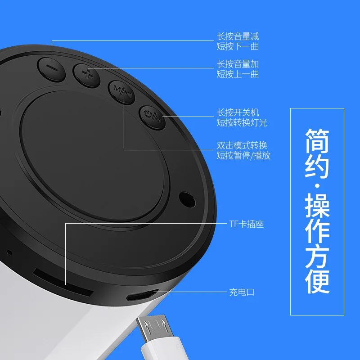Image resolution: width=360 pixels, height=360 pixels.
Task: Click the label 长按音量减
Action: [238, 36]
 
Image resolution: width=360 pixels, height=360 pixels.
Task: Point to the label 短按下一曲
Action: [238, 46]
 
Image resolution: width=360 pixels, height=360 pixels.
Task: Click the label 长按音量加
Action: [238, 64]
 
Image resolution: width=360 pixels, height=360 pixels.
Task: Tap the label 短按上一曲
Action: [238, 74]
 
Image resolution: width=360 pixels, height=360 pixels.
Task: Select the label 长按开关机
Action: [238, 112]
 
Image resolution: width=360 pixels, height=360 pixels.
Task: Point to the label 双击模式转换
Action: [242, 145]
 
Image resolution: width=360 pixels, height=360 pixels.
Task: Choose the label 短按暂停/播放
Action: [243, 156]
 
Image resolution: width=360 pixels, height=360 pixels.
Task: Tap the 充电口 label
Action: [242, 292]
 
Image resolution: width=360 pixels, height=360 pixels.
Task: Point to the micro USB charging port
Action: [140, 295]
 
